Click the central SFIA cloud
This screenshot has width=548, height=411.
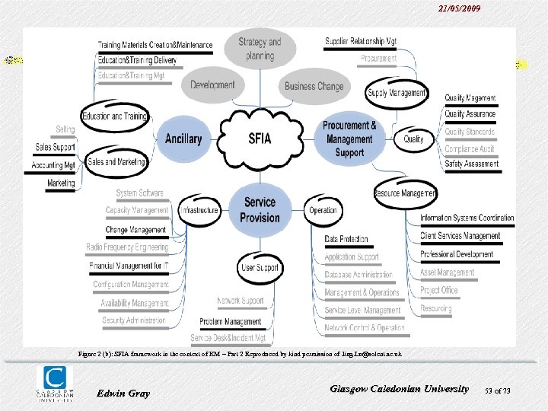point(260,138)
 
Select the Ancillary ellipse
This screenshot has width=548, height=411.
point(183,139)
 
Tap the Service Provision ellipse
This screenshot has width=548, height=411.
point(260,209)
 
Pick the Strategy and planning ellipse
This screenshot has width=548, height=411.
point(260,49)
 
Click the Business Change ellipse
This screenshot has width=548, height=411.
point(314,86)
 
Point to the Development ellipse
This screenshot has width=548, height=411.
point(212,85)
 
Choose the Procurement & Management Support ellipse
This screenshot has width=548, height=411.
point(349,139)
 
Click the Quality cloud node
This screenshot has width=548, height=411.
point(414,139)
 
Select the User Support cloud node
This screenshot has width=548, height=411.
point(260,268)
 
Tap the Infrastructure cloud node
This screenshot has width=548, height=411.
point(199,210)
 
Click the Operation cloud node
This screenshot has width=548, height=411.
point(323,210)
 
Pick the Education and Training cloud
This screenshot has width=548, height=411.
point(114,116)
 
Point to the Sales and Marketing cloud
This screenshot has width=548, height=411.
point(116,161)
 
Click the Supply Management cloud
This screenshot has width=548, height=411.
point(397,93)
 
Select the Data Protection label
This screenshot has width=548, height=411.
point(346,239)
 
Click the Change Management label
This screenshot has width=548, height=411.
point(135,229)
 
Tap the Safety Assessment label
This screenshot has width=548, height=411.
point(472,164)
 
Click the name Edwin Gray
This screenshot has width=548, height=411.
point(124,393)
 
